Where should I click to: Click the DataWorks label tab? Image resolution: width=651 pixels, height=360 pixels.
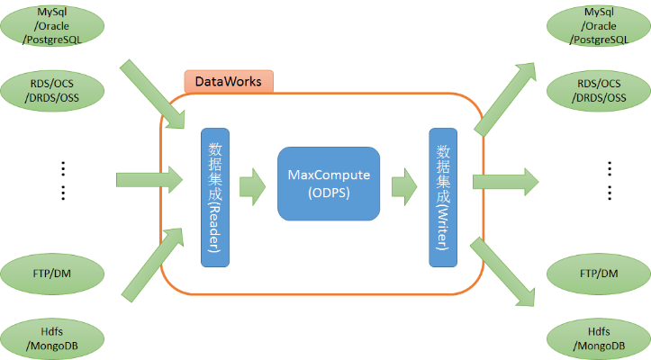(229, 82)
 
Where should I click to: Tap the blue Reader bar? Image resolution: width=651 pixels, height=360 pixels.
(215, 196)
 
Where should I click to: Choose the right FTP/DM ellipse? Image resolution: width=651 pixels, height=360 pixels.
(596, 273)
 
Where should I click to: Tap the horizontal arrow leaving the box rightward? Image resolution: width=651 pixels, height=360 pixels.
(504, 182)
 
